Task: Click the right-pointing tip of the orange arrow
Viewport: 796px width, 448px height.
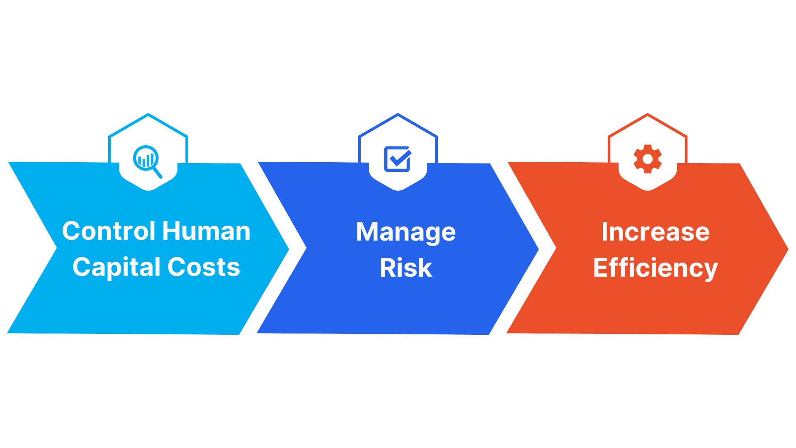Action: click(788, 249)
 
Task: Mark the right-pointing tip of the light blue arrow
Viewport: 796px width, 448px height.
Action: click(289, 249)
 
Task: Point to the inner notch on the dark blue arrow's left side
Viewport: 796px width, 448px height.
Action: click(306, 248)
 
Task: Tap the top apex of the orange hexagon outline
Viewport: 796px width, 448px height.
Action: click(648, 114)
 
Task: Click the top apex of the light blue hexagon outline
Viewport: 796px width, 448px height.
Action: click(148, 114)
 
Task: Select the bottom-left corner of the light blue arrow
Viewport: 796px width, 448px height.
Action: click(8, 333)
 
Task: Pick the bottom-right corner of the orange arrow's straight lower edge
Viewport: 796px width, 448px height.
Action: click(739, 334)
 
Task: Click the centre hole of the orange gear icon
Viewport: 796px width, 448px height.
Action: click(648, 159)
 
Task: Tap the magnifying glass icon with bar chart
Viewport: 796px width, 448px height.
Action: click(147, 161)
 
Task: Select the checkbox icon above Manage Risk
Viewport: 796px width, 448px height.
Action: click(398, 159)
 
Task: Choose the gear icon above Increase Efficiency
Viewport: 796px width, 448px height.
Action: click(648, 159)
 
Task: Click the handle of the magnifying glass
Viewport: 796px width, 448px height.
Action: click(157, 173)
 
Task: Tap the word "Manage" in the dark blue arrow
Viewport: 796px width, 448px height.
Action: click(406, 233)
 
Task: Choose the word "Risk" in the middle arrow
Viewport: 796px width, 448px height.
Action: click(406, 268)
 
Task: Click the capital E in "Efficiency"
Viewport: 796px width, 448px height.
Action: click(600, 268)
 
